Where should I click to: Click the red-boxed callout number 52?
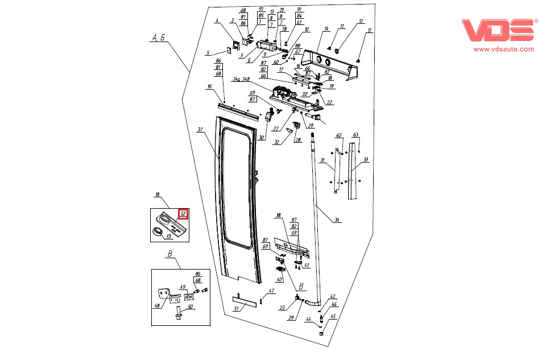183,214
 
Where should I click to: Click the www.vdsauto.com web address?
504,49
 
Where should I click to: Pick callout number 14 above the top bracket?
326,28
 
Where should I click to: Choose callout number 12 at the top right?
360,21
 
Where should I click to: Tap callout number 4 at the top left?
217,21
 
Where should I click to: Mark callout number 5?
209,53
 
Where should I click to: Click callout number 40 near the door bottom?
279,279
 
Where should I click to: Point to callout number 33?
366,160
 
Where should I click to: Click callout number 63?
355,135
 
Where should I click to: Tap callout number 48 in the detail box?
158,305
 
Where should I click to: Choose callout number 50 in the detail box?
191,307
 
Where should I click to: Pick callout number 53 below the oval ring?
168,236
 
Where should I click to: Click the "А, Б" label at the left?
158,38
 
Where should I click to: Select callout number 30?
261,138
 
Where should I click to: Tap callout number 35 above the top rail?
210,87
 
